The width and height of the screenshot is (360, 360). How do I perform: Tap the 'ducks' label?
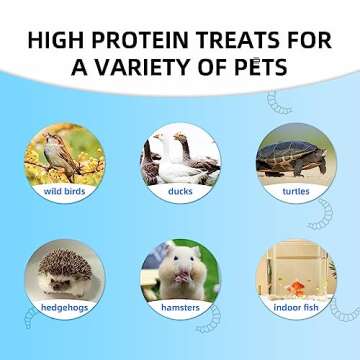coord(179,189)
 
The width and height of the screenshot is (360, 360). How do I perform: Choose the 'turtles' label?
coord(294,189)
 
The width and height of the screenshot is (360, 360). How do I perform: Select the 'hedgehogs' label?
coord(64,307)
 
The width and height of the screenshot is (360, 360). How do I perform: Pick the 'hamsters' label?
coord(179,307)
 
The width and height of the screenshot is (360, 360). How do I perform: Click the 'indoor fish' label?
coord(294,307)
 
